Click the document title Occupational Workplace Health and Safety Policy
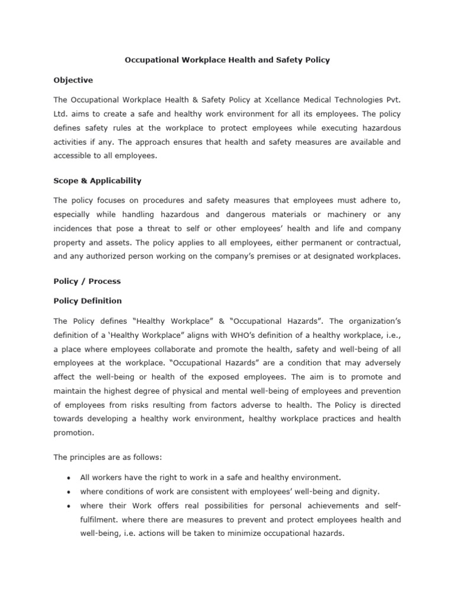tap(227, 60)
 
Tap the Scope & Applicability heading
tap(98, 181)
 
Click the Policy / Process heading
tap(86, 281)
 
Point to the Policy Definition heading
tap(88, 301)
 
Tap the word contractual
tap(377, 242)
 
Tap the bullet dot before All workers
tap(69, 477)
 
